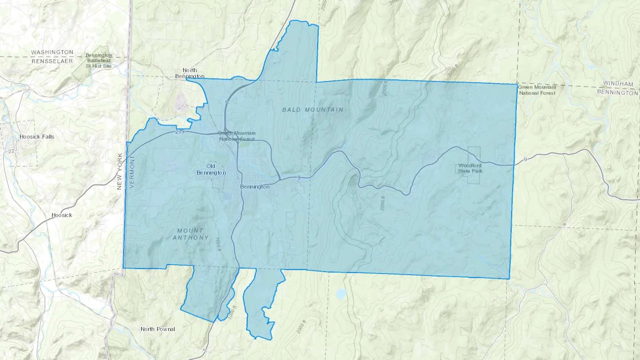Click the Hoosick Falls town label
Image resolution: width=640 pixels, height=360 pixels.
point(37,137)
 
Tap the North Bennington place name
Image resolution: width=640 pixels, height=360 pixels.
point(190,73)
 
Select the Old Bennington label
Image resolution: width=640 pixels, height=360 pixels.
point(211,170)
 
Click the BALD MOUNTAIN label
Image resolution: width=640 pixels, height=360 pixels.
point(313,110)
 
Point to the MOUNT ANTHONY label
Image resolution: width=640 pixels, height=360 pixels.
point(191,234)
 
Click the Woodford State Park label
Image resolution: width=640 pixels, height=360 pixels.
point(470,168)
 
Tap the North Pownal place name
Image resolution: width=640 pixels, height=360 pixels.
point(158,329)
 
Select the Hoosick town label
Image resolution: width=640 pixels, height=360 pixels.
point(62,215)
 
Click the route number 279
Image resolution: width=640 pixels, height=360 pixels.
point(180,132)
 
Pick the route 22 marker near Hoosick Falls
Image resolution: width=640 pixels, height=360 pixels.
point(11,151)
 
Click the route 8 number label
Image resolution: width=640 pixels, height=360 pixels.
point(564,225)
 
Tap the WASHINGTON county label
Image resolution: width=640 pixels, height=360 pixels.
point(52,52)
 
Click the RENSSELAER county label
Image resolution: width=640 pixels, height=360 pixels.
point(52,61)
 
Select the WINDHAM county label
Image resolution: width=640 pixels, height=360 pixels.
point(618,84)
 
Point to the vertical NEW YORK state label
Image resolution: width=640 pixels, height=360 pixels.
point(119,171)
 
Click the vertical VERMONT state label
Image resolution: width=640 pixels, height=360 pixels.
point(132,171)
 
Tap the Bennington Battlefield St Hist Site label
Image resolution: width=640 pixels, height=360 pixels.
point(99,61)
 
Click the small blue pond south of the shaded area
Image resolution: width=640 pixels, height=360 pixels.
point(341,294)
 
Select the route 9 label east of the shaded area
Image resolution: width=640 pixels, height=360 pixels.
point(525,160)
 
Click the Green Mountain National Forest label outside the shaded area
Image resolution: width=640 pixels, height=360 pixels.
point(537,90)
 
